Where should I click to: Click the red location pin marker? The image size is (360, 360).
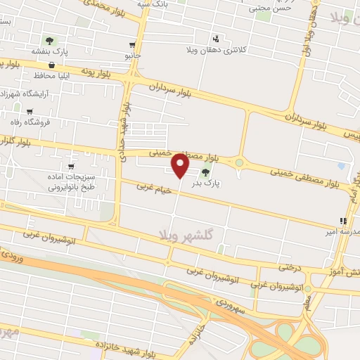[x=181, y=166]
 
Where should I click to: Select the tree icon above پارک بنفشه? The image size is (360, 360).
[x=49, y=41]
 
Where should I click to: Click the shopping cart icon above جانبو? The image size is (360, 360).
[x=132, y=44]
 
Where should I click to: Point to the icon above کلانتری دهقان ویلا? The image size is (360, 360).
[x=216, y=39]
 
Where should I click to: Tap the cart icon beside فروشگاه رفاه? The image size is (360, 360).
[x=30, y=111]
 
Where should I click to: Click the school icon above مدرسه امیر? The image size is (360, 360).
[x=342, y=221]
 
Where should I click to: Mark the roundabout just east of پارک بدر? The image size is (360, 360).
[x=239, y=163]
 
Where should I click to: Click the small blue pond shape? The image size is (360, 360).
[x=342, y=166]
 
